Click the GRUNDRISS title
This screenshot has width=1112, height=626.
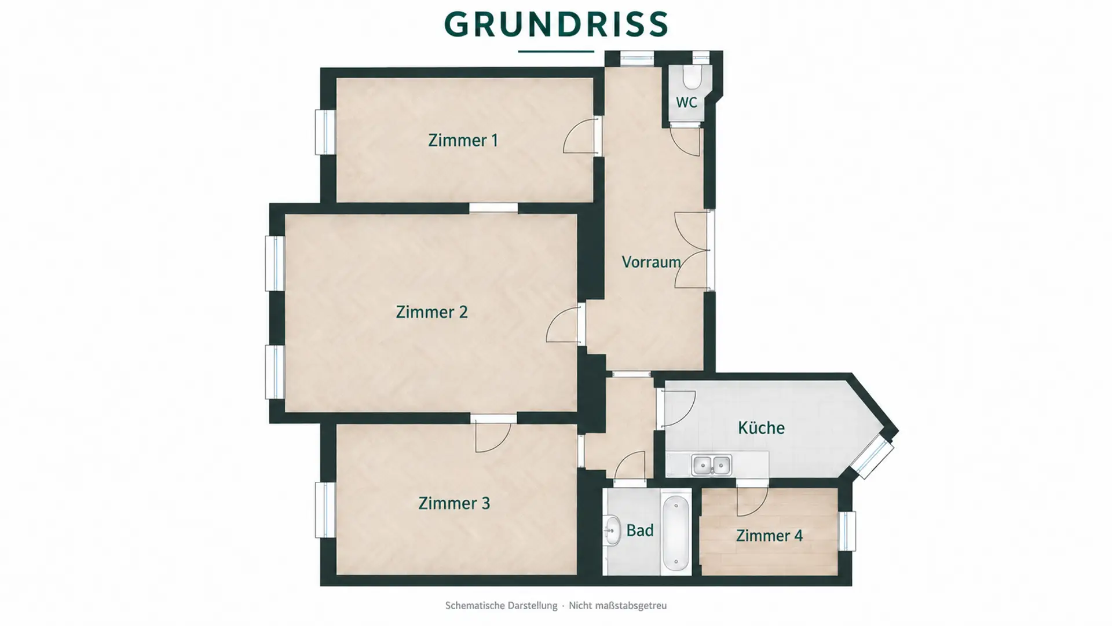point(556,24)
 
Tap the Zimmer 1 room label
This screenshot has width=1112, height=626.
point(463,140)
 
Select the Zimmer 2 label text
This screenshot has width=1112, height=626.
point(431,312)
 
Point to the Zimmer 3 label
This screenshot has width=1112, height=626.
point(454,503)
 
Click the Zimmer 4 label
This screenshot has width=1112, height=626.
point(769,536)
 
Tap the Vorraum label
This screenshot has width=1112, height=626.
point(651,262)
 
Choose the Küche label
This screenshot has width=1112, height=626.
point(761,428)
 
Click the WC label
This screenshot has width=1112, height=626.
point(686,102)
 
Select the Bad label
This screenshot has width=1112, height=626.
point(640,530)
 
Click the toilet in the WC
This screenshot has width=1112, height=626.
point(692,76)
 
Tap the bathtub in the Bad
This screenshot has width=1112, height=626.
point(675,533)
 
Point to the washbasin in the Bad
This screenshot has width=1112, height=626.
point(612,530)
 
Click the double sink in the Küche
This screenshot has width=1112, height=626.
point(712,465)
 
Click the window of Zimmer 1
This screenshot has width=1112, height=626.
point(325,132)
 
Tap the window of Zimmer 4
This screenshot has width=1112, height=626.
point(847,531)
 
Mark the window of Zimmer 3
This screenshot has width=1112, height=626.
point(325,510)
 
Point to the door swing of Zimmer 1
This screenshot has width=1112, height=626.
point(580,136)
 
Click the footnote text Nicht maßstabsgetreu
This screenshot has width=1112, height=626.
point(617,606)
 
